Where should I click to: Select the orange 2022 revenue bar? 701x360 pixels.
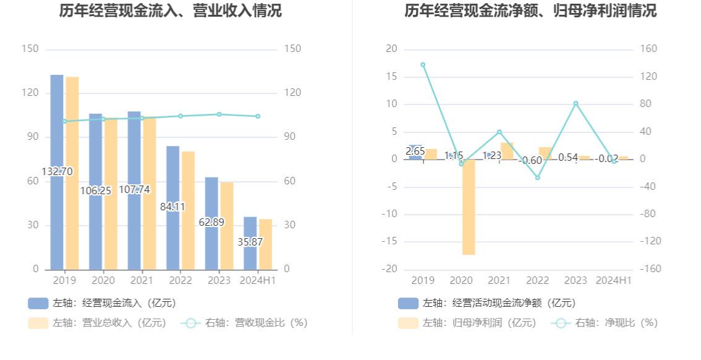(x=188, y=210)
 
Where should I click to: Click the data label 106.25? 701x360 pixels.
(x=96, y=191)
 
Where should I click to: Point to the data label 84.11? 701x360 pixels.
(x=172, y=207)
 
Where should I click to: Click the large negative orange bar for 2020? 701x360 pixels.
(x=469, y=207)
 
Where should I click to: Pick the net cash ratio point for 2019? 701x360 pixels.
(x=423, y=65)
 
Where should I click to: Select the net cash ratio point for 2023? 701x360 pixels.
(x=576, y=103)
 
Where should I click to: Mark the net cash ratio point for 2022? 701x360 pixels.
(x=537, y=178)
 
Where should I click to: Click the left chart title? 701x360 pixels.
(x=170, y=11)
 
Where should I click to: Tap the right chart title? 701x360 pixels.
(x=530, y=11)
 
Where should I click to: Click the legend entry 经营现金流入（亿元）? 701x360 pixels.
(x=102, y=303)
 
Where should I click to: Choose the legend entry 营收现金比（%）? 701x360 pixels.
(x=244, y=323)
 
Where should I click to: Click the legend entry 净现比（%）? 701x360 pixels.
(x=606, y=323)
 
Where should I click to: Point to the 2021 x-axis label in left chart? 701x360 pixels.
(x=142, y=280)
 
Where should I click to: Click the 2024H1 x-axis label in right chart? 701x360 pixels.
(x=614, y=280)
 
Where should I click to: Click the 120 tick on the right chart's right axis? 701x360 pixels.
(x=650, y=77)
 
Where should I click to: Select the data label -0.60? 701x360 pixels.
(x=530, y=161)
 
